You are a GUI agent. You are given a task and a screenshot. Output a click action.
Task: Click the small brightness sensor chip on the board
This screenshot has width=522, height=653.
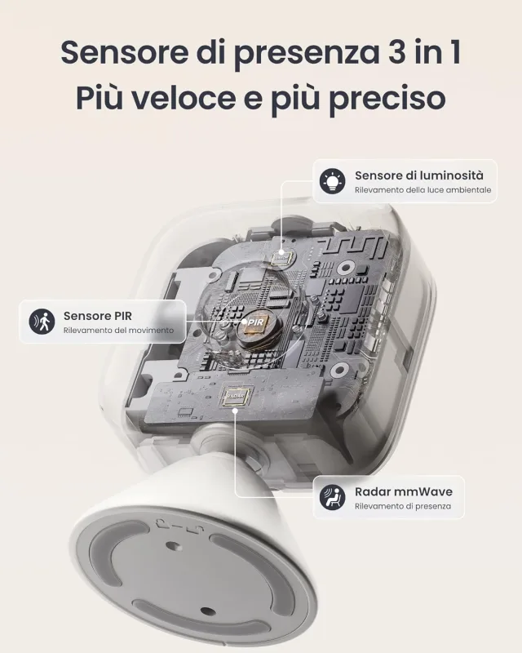pos(281,256)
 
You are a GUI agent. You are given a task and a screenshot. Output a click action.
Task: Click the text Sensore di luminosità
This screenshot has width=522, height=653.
pos(418,175)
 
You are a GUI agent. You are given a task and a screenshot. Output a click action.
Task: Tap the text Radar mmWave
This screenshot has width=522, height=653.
pos(403,491)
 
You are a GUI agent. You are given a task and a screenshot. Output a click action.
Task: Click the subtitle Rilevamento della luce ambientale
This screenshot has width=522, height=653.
pos(411,190)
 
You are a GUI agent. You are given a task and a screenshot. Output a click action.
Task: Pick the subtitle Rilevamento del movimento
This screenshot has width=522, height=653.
pos(118,331)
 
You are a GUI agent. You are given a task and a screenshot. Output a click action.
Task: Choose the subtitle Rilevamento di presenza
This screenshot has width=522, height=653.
pos(396,506)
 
